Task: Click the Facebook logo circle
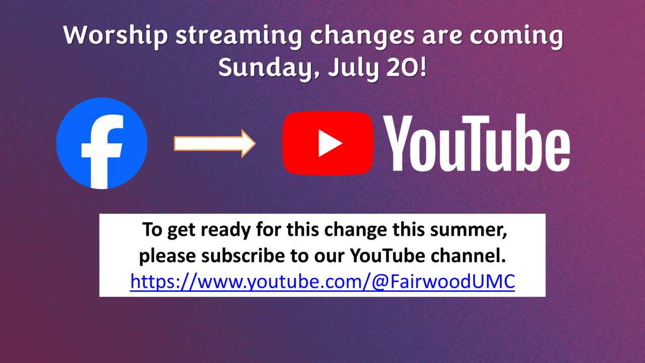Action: coord(102,143)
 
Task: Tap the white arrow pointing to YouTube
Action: coord(215,143)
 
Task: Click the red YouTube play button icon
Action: coord(328,143)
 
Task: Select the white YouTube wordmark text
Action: coord(477,144)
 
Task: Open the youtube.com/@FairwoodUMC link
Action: coord(322,281)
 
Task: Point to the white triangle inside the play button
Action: coord(330,143)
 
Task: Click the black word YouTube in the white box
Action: coord(386,255)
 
